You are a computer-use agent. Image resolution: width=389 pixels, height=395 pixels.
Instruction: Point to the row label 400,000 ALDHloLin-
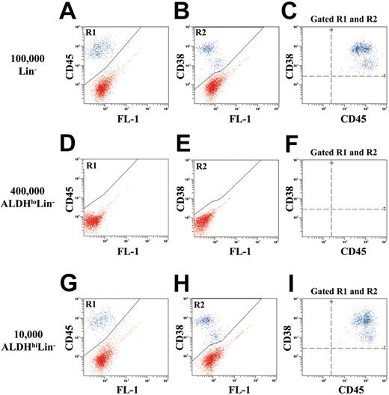pos(28,200)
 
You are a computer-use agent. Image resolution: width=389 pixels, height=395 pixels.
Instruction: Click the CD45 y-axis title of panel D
pos(70,197)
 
